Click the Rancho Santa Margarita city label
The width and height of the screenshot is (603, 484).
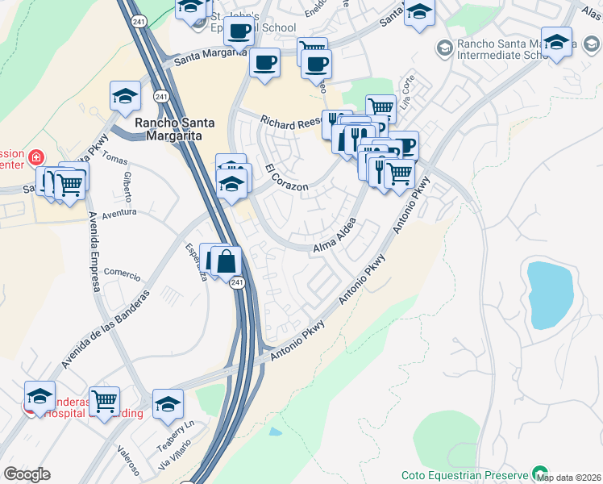(174, 129)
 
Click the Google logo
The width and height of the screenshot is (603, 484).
(27, 474)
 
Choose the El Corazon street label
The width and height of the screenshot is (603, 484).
(286, 177)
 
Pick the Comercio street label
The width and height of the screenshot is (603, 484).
(122, 273)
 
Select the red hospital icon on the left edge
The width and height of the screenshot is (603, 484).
(35, 156)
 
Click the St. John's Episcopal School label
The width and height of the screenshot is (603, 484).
(242, 22)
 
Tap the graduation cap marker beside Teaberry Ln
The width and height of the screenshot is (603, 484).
(168, 403)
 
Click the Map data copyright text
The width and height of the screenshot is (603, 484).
(568, 478)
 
